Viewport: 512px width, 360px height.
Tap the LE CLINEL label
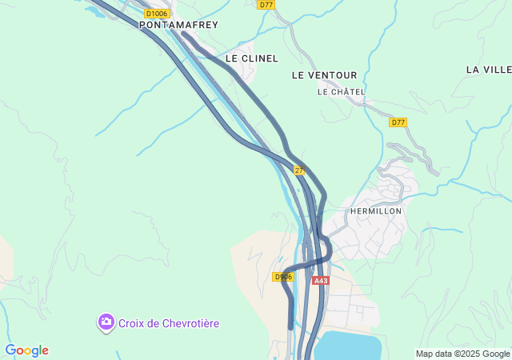(x=251, y=58)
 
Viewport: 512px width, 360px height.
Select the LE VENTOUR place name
(x=324, y=75)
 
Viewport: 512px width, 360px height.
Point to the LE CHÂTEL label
(x=341, y=92)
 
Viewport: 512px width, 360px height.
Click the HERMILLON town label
(x=376, y=210)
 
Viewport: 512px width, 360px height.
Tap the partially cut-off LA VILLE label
(x=489, y=70)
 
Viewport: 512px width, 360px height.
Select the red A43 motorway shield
(x=321, y=281)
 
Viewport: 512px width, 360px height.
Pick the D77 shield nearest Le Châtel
(x=398, y=122)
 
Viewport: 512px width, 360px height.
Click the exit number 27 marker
(x=299, y=170)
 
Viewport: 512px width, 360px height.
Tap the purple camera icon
(x=106, y=322)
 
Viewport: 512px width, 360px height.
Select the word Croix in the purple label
(x=132, y=323)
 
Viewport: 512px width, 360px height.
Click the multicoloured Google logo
(x=26, y=350)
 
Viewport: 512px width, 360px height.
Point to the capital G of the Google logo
(x=10, y=350)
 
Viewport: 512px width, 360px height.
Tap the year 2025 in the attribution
(x=469, y=354)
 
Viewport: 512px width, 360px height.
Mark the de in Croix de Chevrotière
(x=154, y=323)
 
